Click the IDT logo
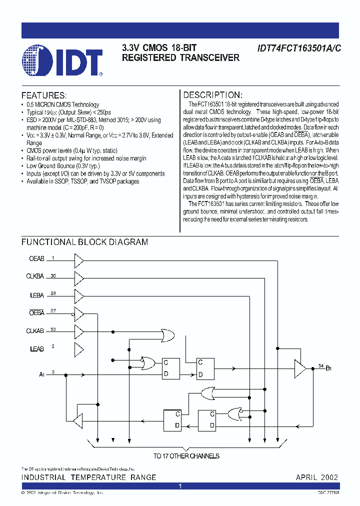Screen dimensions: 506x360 63,60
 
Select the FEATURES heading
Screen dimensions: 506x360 43,95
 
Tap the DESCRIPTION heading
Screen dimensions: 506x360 212,95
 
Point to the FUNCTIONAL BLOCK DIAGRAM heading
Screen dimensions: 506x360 84,242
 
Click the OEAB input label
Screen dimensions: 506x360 37,258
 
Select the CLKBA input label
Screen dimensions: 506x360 35,276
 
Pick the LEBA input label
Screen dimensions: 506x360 37,295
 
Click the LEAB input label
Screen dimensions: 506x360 37,348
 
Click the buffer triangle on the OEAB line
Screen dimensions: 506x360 78,259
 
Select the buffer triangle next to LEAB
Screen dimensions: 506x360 78,348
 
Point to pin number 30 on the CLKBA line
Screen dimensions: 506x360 53,275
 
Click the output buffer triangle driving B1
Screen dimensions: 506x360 300,369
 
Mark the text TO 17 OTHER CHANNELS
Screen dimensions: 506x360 186,455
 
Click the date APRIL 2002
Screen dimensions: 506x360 316,477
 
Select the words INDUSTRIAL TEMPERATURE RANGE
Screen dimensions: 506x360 88,477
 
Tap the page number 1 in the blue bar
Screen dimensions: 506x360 180,486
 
